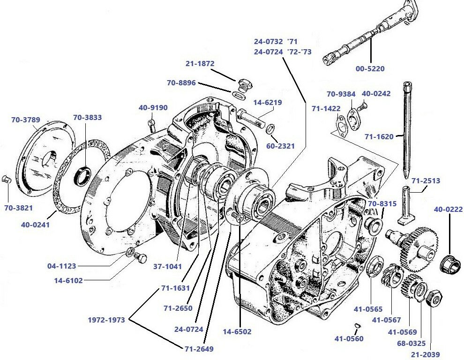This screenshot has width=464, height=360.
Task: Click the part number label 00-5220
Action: tap(370, 68)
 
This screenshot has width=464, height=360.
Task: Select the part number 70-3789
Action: tap(26, 120)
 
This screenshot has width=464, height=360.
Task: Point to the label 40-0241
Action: tap(35, 225)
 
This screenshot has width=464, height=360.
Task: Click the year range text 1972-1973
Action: tap(106, 320)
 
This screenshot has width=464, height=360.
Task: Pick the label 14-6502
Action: tap(237, 331)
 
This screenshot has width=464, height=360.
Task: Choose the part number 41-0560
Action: tap(349, 338)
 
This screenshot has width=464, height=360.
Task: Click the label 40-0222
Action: tap(449, 209)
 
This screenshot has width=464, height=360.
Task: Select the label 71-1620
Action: tap(379, 137)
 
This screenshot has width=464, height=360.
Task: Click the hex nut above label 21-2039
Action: tap(434, 298)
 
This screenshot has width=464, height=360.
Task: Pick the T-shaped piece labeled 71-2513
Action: tap(405, 206)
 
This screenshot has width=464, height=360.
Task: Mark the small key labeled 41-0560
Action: tap(357, 325)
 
